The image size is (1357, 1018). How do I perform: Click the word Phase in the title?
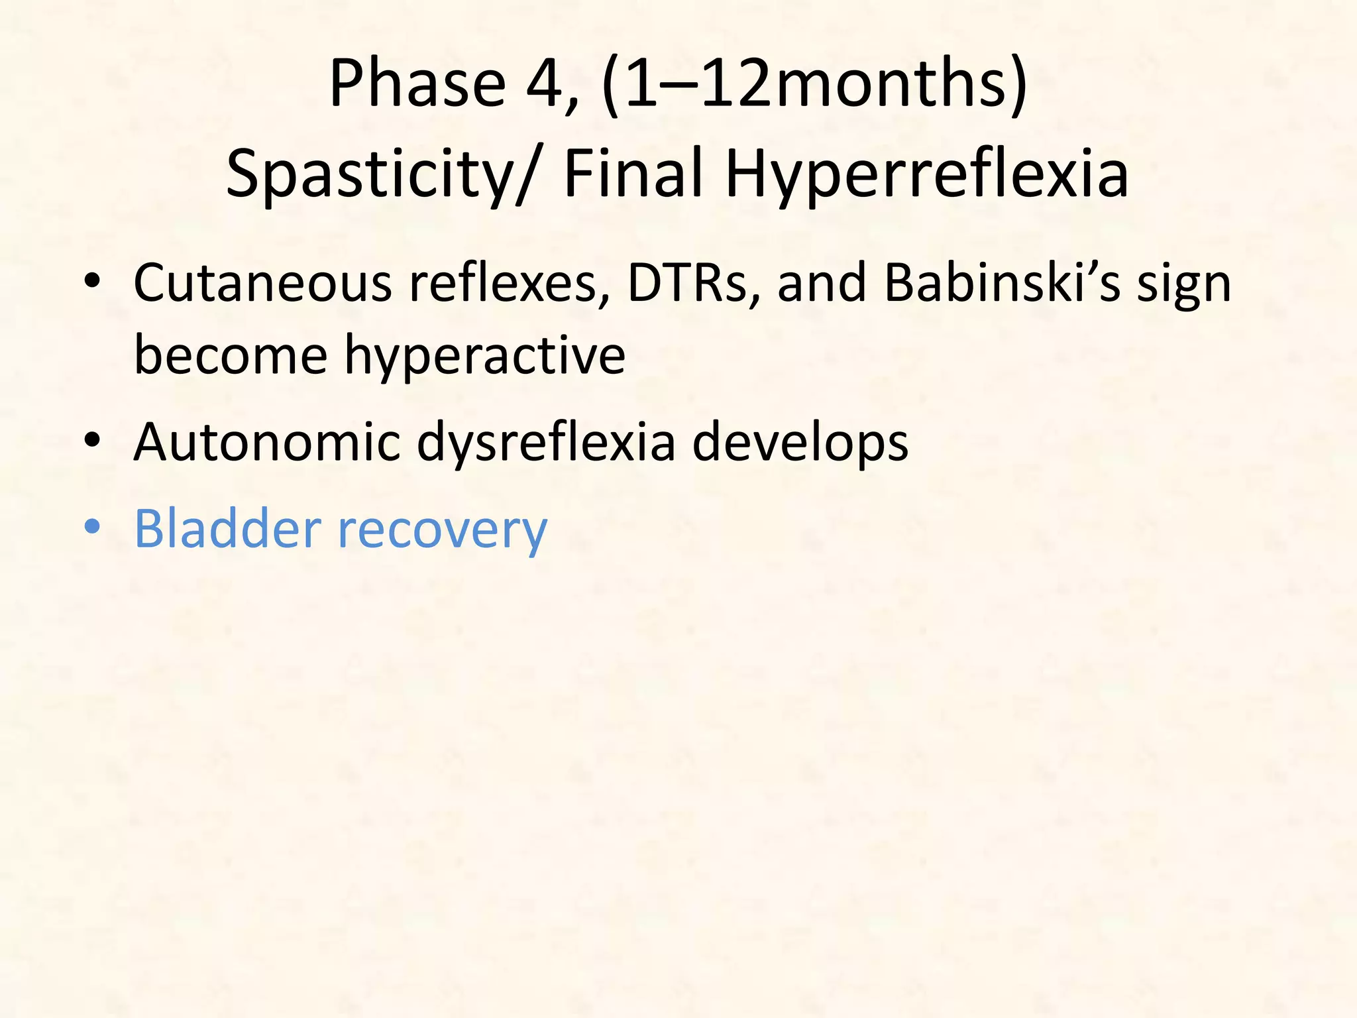point(417,84)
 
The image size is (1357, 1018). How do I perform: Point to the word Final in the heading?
point(633,174)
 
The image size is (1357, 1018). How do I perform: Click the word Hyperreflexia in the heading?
point(927,174)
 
